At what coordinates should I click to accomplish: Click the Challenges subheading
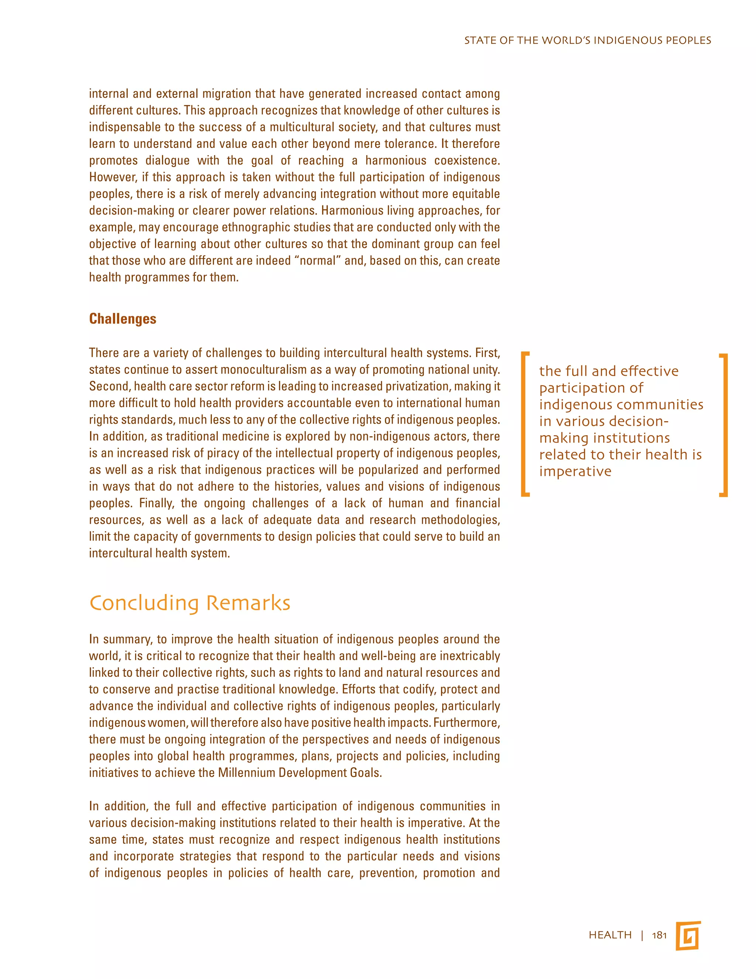coord(122,319)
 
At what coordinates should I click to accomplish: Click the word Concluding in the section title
coord(144,603)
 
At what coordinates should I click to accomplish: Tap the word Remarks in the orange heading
coord(248,603)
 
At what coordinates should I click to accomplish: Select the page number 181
coord(659,935)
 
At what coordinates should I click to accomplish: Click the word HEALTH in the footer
coord(610,935)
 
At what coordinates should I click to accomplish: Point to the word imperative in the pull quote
coord(575,471)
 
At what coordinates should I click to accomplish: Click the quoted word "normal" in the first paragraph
coord(317,261)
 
